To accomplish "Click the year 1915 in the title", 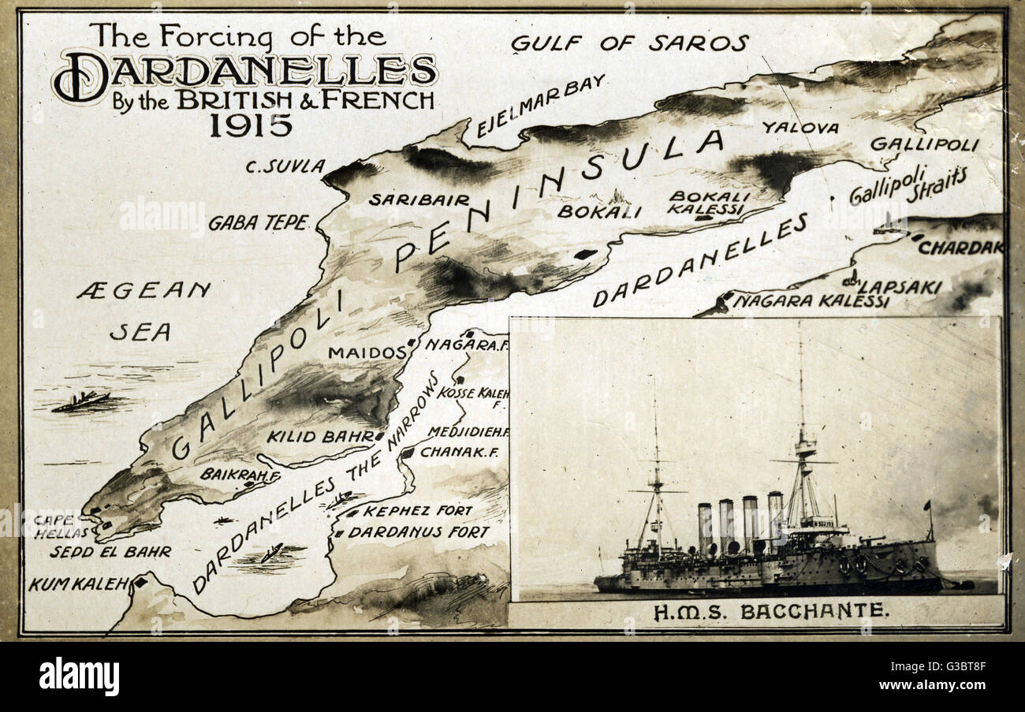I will coord(251,125).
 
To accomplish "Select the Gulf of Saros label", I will coord(629,43).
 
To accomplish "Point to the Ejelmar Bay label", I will coord(541,106).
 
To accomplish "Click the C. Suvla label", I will coord(285,166).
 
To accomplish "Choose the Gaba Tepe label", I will coord(258,223).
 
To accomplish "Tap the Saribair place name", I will coord(419,200).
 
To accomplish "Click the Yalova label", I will coord(799,127).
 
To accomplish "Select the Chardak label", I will coord(960,248).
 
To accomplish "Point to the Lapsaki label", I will coord(899,286).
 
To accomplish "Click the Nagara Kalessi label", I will coord(811,301).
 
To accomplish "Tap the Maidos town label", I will coord(367,352).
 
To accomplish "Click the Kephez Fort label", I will coord(417,511).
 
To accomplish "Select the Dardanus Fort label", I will coord(419,532).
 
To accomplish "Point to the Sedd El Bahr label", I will coord(110,552).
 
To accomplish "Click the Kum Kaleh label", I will coord(78,584).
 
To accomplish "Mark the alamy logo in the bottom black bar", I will coord(79,677).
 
